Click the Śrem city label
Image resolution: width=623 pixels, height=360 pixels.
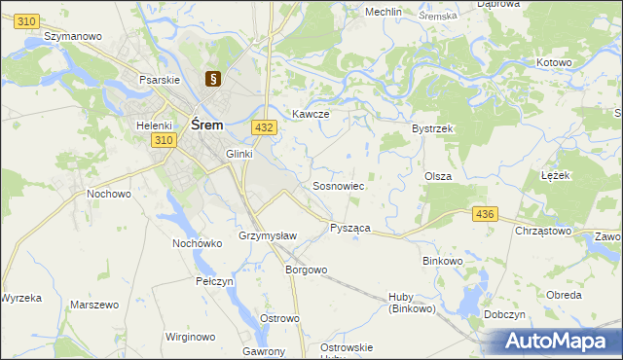click(207, 125)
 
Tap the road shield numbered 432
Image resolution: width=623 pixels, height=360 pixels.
click(262, 127)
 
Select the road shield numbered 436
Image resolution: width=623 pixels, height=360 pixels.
click(484, 213)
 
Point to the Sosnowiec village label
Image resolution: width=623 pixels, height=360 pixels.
click(338, 185)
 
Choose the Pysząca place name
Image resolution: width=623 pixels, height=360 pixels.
click(349, 227)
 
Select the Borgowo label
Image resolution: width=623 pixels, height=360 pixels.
click(305, 270)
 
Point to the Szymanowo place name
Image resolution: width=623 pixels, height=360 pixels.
click(73, 36)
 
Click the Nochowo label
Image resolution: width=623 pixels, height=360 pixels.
click(109, 194)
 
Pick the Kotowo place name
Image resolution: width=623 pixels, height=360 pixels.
click(554, 62)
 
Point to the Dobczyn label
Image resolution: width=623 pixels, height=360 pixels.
click(531, 315)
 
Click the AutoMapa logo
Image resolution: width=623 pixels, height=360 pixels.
click(554, 342)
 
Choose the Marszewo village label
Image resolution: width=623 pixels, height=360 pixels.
click(94, 305)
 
